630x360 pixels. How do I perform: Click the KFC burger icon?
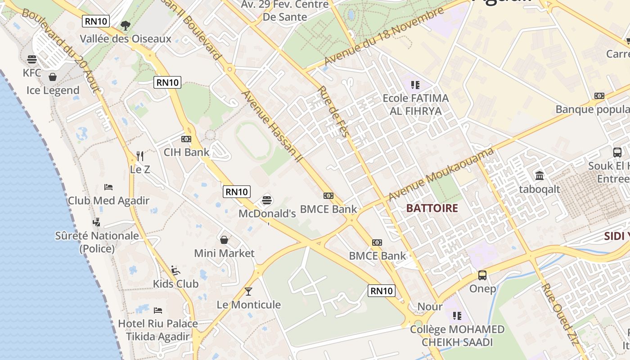point(32,59)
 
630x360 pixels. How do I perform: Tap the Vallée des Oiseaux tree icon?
point(126,26)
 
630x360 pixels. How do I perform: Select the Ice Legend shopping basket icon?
point(53,77)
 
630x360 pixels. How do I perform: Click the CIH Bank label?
point(186,152)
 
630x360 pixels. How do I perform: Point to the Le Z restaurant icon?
point(140,156)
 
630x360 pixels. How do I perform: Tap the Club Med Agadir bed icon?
point(108,187)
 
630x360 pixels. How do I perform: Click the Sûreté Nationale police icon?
point(97,222)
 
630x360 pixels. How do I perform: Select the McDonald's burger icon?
point(267,199)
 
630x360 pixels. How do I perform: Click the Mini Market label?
point(224,253)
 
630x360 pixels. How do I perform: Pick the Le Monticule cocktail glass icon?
point(248,291)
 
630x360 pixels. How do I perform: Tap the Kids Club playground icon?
point(175,270)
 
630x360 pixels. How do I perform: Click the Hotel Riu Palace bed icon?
point(158,310)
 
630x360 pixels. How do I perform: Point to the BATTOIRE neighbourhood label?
point(432,208)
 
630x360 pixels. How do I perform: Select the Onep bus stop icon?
point(482,275)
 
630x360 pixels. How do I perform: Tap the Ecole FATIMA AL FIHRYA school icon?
point(415,84)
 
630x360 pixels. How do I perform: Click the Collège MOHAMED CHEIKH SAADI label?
point(457,336)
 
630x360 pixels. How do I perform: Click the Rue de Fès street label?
point(334,112)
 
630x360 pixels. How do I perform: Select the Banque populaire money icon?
point(599,96)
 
